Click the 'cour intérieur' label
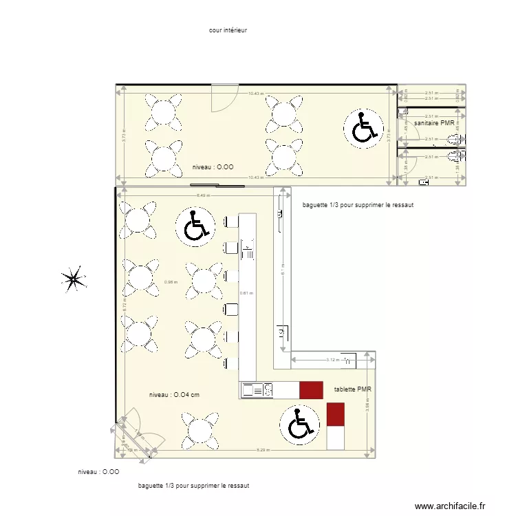coord(228,30)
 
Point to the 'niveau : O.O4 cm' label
coord(174,395)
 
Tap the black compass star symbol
coord(74,279)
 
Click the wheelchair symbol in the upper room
coord(364,128)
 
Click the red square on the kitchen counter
coord(310,390)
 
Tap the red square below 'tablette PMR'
coord(335,414)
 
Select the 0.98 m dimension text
coord(171,281)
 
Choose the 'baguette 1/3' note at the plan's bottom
coord(193,486)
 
